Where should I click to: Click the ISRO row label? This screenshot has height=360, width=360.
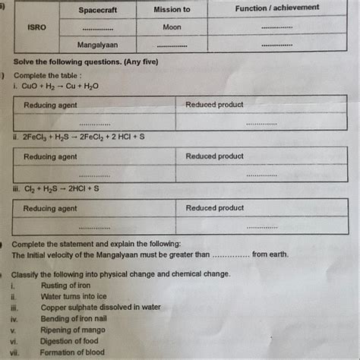click(36, 27)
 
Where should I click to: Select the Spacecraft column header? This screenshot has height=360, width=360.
click(99, 9)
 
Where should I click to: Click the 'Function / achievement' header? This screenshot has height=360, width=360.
click(276, 8)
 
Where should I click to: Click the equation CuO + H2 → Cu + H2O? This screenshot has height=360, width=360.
click(62, 86)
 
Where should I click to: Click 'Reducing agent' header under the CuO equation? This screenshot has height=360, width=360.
click(50, 105)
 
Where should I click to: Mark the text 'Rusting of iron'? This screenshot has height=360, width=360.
click(66, 286)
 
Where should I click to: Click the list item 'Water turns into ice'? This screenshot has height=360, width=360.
click(74, 296)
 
